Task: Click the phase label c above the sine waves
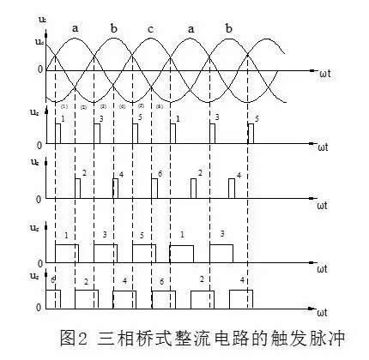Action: coord(151,28)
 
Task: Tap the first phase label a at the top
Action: coord(76,28)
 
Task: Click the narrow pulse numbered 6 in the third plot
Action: coord(154,190)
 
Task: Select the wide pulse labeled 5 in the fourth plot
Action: coord(144,253)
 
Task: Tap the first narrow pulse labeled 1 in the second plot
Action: coord(58,133)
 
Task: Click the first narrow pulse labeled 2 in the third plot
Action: coord(77,189)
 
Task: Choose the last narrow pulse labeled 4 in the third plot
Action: coord(231,189)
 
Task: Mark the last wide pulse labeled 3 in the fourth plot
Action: coord(220,253)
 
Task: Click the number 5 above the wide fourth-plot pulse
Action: coord(143,235)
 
